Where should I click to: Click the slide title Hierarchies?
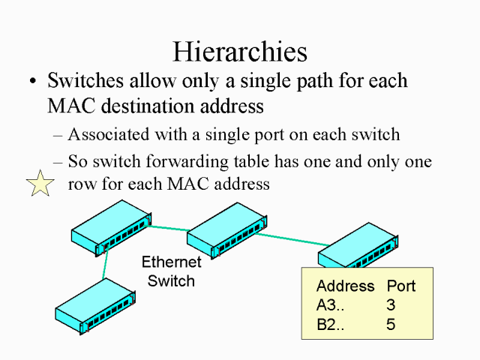pyautogui.click(x=240, y=51)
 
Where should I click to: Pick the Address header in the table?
pyautogui.click(x=345, y=286)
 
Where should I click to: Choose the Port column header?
pyautogui.click(x=401, y=286)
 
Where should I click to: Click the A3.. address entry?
pyautogui.click(x=331, y=305)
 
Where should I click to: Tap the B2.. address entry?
pyautogui.click(x=331, y=325)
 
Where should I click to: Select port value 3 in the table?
pyautogui.click(x=391, y=305)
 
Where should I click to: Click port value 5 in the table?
pyautogui.click(x=391, y=325)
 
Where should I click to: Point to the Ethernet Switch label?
pyautogui.click(x=171, y=271)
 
